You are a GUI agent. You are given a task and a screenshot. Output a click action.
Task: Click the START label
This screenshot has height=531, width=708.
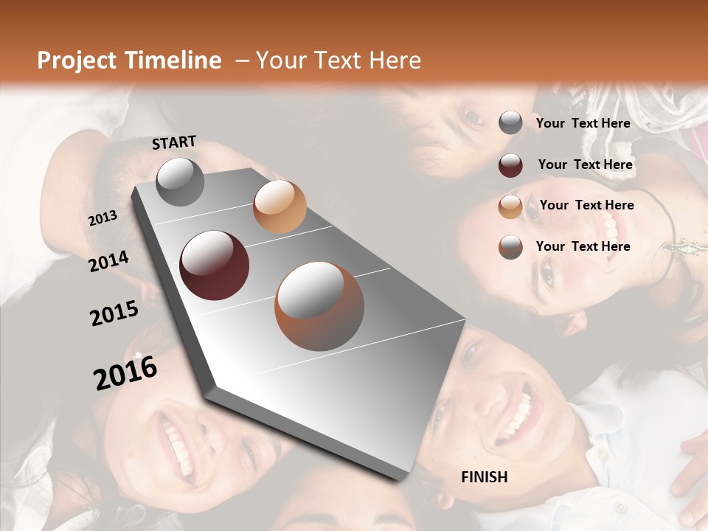point(174,142)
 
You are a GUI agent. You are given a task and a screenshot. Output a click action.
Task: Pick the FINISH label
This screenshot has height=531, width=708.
point(484,477)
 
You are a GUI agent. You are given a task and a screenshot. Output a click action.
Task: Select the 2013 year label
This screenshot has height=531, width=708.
point(103,218)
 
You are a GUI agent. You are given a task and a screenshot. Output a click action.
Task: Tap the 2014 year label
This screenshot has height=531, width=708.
point(109,261)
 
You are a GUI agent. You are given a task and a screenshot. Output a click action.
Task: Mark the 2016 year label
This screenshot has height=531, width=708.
point(125,373)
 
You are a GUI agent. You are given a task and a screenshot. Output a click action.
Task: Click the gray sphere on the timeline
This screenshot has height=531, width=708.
point(180,181)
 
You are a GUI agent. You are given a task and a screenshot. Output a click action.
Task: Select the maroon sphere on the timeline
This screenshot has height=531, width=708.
point(214,265)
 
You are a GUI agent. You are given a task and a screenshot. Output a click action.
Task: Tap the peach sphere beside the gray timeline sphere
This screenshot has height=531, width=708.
point(280,206)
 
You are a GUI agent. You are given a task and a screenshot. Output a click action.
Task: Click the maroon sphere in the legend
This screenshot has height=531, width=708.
point(510,165)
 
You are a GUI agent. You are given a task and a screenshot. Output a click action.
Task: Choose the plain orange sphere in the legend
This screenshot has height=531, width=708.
point(510,206)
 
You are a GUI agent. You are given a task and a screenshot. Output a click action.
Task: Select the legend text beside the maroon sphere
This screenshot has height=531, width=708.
point(586,164)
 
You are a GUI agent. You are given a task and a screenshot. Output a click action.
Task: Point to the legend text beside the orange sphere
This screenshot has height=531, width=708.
point(587,205)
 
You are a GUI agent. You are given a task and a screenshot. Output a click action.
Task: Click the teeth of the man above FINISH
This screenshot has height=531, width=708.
point(517,413)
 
